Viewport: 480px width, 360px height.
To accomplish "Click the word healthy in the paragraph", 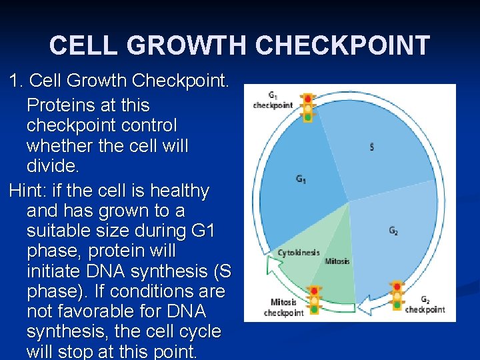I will [x=176, y=191].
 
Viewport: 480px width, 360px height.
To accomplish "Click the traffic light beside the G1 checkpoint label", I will [x=307, y=107].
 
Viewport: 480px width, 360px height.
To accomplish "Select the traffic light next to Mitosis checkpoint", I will [x=314, y=299].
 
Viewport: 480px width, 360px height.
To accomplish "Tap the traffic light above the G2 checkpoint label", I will [x=398, y=295].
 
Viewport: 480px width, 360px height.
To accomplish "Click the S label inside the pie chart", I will [x=371, y=147].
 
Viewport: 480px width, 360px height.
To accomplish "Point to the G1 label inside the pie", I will [x=301, y=179].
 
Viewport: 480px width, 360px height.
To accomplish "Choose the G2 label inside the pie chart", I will [x=393, y=231].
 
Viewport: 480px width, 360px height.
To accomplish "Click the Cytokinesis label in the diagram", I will [x=298, y=253].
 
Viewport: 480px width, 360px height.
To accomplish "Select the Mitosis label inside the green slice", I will [x=337, y=261].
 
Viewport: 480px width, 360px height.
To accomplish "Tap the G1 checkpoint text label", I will [x=273, y=100].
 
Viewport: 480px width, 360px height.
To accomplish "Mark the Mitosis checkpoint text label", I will [x=284, y=307].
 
